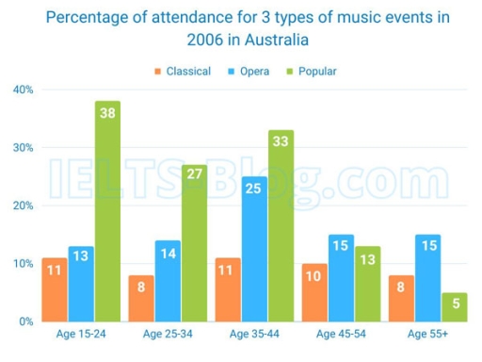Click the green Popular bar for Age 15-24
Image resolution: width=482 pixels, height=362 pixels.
pyautogui.click(x=108, y=212)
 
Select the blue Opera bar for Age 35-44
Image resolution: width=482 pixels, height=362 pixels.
pyautogui.click(x=253, y=250)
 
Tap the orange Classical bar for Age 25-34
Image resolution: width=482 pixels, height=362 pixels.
pyautogui.click(x=141, y=298)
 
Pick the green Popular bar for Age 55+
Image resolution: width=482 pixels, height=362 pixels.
pyautogui.click(x=455, y=307)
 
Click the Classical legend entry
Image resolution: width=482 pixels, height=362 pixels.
pyautogui.click(x=183, y=71)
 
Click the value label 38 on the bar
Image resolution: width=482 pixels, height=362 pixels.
pyautogui.click(x=108, y=112)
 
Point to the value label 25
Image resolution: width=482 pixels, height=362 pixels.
pyautogui.click(x=253, y=188)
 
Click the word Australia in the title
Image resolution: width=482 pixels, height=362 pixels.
pyautogui.click(x=267, y=41)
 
